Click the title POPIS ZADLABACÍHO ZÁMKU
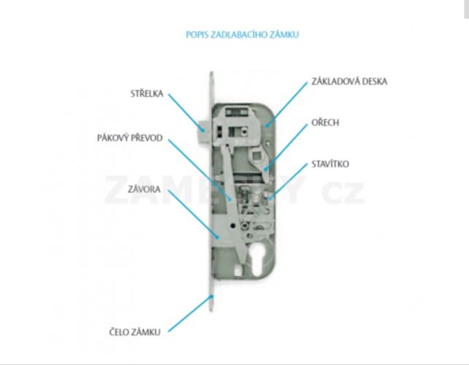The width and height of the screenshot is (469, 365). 243,34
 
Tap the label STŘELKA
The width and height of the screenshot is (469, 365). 147,93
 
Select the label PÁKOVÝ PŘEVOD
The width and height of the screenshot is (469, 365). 130,138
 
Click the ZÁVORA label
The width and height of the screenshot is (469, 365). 144,189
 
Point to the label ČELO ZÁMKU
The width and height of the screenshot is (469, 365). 134,332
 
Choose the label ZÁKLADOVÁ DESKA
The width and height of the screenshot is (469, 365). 349,81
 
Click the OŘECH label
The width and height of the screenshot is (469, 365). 325,123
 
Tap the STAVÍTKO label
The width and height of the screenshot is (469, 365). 330,164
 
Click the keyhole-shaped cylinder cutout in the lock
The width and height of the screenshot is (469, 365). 258,259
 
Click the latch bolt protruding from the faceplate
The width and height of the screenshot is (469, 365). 205,131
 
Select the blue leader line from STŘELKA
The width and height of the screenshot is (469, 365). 186,112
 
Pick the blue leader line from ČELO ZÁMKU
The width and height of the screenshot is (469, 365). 191,313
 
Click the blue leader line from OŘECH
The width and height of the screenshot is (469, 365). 286,147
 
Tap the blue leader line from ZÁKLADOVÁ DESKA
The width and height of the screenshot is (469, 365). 287,104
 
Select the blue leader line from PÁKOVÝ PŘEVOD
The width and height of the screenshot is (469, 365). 199,170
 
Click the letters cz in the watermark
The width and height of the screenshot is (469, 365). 343,190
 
